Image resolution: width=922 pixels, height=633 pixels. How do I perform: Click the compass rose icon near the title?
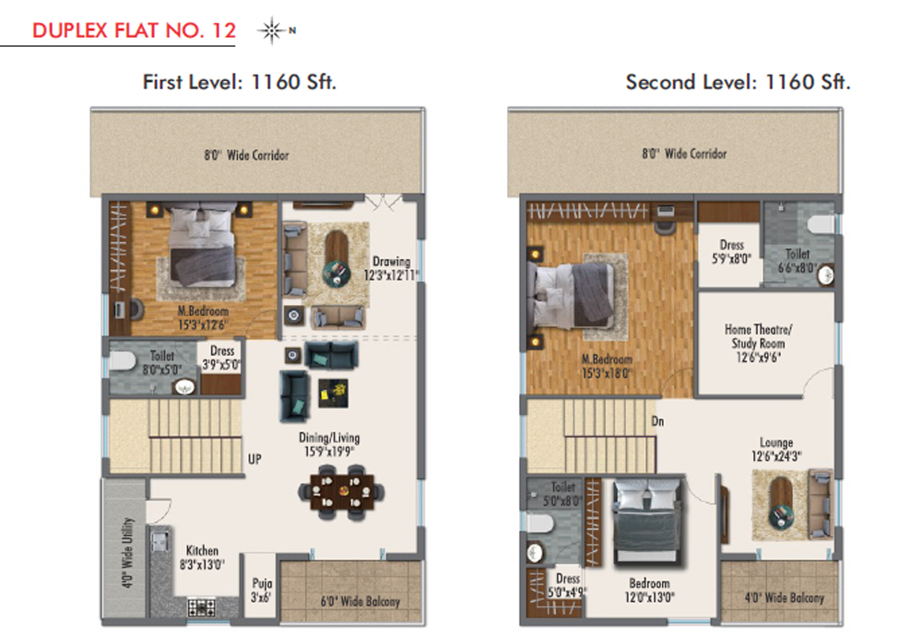pyautogui.click(x=272, y=30)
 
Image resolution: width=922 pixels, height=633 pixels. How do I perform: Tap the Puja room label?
pyautogui.click(x=262, y=590)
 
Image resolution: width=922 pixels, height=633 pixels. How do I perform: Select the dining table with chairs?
pyautogui.click(x=341, y=492)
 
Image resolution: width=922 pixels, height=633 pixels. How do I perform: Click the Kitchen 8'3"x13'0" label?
pyautogui.click(x=202, y=557)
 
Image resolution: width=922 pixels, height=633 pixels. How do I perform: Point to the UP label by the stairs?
pyautogui.click(x=254, y=459)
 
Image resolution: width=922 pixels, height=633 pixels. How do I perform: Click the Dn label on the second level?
pyautogui.click(x=657, y=421)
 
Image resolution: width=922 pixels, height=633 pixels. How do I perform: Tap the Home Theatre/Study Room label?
pyautogui.click(x=758, y=344)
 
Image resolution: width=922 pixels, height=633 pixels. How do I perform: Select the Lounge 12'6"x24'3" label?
pyautogui.click(x=776, y=449)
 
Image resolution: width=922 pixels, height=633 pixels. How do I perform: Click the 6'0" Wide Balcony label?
pyautogui.click(x=361, y=602)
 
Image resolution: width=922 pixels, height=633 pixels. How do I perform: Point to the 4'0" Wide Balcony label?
pyautogui.click(x=785, y=598)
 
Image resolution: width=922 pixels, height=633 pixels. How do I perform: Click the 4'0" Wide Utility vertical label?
pyautogui.click(x=127, y=553)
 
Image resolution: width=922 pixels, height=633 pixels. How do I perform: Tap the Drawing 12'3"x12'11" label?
pyautogui.click(x=391, y=268)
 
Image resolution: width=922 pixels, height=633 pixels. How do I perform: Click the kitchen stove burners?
pyautogui.click(x=201, y=607)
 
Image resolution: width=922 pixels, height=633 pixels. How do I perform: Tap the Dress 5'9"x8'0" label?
pyautogui.click(x=731, y=252)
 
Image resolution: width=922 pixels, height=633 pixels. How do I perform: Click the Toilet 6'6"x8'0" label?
pyautogui.click(x=798, y=261)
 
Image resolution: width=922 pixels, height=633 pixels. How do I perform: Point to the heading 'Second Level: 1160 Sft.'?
pyautogui.click(x=738, y=82)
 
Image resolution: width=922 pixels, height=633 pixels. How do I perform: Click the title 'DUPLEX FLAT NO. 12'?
pyautogui.click(x=134, y=30)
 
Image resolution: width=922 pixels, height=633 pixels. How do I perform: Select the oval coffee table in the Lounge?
pyautogui.click(x=782, y=502)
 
